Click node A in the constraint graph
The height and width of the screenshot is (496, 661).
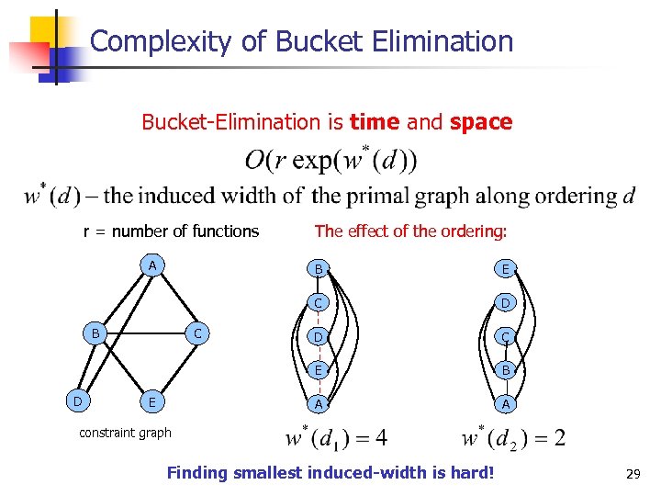155,266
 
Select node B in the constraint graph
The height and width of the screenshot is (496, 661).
95,333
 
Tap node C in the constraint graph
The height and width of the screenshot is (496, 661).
197,333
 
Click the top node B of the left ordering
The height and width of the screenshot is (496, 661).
318,269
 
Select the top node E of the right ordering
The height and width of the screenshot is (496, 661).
505,269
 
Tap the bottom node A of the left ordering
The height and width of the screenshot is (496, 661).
318,404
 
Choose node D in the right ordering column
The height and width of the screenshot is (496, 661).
505,302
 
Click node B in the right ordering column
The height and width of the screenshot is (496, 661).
505,370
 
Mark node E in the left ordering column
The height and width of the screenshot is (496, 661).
318,370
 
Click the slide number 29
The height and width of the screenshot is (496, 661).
632,474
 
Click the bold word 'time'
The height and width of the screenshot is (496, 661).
375,122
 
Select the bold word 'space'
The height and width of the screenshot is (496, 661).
481,122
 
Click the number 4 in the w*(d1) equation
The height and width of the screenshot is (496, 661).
380,436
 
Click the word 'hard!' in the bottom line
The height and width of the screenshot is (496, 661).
470,474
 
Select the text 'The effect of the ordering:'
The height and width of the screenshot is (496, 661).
410,231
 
